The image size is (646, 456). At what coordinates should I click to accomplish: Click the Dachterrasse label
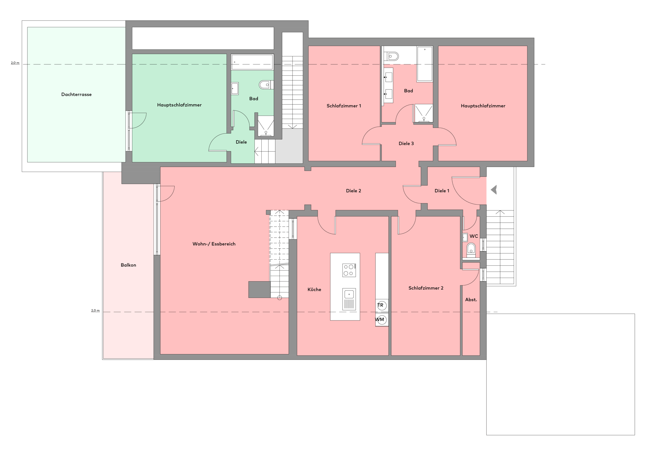coord(76,95)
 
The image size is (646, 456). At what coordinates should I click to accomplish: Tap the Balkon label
coord(128,265)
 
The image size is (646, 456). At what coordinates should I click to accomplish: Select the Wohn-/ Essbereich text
coord(214,244)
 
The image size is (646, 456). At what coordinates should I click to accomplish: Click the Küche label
coord(314,289)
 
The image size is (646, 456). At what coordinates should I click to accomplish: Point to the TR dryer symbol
coord(382,306)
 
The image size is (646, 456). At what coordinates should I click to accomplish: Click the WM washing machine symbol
coord(382,320)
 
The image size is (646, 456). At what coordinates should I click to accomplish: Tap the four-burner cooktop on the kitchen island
coord(349,270)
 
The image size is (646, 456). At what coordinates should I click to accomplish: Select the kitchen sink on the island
coord(349,299)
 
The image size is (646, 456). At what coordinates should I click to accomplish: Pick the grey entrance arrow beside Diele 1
coord(494,190)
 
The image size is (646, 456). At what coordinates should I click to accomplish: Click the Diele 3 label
coord(406,143)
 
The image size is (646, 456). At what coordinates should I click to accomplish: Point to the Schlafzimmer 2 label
coord(426,288)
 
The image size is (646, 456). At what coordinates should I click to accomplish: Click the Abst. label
coord(471,300)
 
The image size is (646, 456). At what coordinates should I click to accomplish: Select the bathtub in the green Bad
coord(252,62)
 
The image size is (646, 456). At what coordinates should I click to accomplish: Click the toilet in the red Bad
coord(391,56)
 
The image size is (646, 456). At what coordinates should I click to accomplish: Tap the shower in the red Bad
coord(423,113)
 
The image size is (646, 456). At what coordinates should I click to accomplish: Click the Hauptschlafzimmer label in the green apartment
coord(179,105)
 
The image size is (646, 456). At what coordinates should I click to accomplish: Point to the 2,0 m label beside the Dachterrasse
coord(15,63)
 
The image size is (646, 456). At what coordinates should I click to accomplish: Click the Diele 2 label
coord(353,191)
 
